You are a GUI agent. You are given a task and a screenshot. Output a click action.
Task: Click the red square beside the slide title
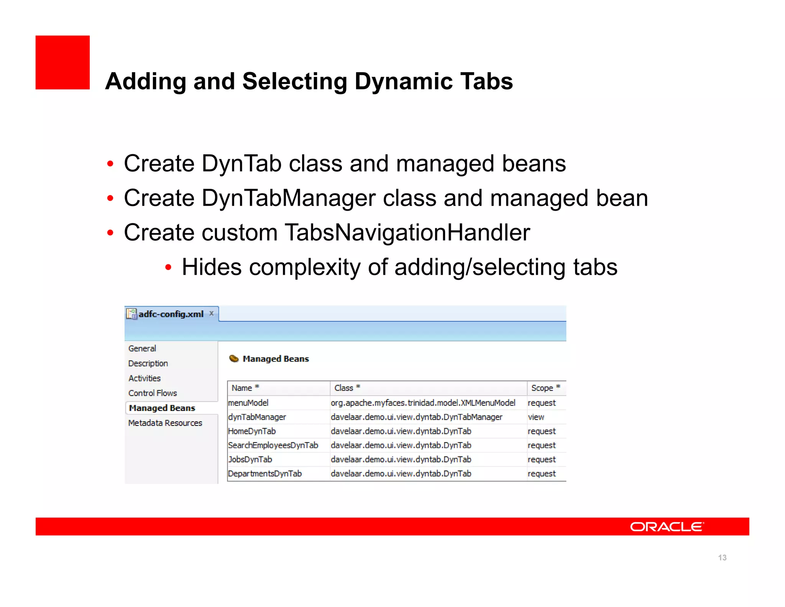coord(62,63)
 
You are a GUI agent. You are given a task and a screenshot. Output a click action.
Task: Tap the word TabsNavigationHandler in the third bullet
coord(407,233)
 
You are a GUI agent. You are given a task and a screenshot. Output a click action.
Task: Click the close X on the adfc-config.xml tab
coord(211,313)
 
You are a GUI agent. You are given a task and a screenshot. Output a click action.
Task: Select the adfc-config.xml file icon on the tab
coord(131,314)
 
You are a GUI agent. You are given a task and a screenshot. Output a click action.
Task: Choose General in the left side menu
coord(142,348)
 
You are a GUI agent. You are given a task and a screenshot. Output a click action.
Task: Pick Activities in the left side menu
coord(145,378)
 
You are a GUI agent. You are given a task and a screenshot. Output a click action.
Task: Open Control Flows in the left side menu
coord(153,393)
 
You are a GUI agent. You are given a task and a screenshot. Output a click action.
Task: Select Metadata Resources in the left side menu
coord(165,423)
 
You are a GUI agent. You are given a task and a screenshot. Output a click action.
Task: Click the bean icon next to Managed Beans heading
coord(234,359)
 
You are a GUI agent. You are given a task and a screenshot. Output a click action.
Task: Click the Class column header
coord(344,388)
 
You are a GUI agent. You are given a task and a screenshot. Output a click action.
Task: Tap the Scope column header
coord(542,388)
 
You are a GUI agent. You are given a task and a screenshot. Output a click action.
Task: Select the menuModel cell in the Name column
coord(248,403)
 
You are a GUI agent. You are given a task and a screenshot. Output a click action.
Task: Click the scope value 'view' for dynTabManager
coord(536,417)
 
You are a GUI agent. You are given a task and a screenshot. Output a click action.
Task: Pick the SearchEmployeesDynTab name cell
coord(273,445)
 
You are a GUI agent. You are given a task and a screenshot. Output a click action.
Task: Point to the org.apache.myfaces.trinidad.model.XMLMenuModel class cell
coord(423,403)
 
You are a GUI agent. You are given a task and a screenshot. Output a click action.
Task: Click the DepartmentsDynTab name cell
coord(265,474)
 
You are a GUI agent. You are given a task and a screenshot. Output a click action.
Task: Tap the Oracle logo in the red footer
coord(667,527)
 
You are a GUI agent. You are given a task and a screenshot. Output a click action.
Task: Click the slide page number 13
coord(722,558)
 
